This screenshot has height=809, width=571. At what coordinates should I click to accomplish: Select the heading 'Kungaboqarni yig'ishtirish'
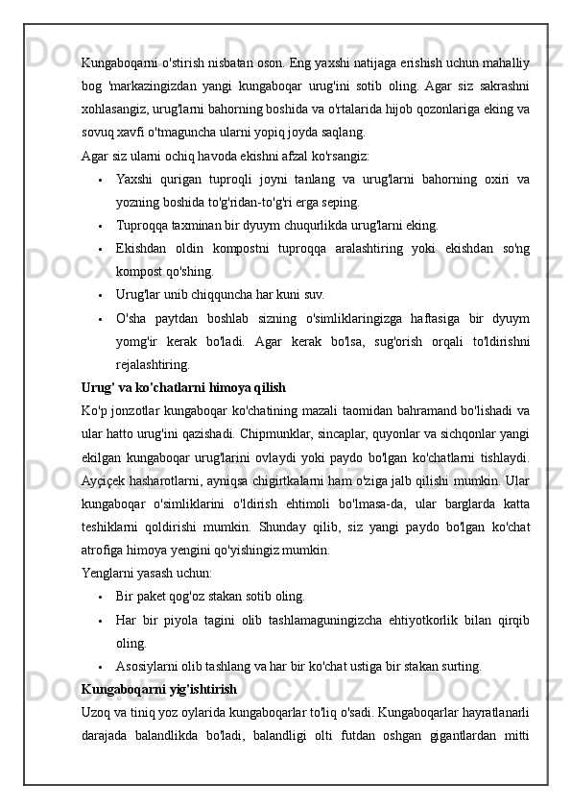pos(159,689)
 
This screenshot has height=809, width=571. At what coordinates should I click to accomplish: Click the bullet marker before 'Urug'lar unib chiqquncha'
pos(100,296)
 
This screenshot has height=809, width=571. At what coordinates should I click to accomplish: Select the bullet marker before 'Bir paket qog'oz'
pos(100,597)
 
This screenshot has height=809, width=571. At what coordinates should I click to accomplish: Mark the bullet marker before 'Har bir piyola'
pos(100,620)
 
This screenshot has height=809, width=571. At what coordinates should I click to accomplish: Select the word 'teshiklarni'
pos(109,527)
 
